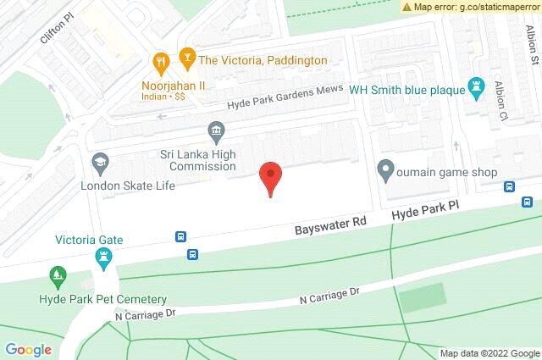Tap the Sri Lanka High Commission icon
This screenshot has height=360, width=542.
coord(216,130)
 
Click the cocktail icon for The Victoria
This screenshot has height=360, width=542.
coord(185,59)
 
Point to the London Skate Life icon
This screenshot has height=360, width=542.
coord(100,162)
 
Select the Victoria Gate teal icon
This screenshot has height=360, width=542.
coord(104,259)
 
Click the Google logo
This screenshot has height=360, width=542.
coord(28,349)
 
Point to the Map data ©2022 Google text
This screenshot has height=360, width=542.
coord(489,353)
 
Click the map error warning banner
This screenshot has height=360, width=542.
coord(471,7)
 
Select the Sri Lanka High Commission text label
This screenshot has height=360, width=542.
coord(198,160)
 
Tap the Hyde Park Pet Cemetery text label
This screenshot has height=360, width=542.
coord(102,299)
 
